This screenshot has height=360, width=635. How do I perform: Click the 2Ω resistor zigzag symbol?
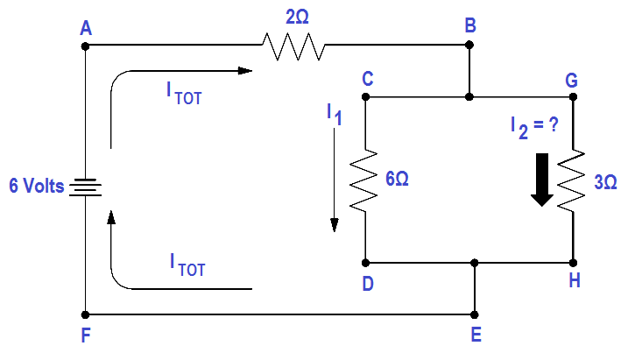point(293,46)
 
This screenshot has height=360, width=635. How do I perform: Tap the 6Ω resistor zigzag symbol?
point(364,180)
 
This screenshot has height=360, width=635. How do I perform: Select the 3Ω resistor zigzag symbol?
point(571,180)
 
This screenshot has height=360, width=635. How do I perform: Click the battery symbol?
point(86,187)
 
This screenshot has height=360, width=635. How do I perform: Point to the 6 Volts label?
point(37,186)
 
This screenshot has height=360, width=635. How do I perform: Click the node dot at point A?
point(85,46)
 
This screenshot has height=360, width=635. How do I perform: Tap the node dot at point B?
point(469,45)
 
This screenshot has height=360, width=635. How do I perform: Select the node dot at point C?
point(365,96)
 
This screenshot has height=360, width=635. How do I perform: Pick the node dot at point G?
point(573,96)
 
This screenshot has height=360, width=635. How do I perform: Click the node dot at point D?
point(365,264)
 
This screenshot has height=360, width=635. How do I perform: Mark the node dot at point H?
point(573,264)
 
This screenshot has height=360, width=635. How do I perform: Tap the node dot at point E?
point(475,314)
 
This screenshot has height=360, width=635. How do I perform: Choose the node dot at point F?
point(85,314)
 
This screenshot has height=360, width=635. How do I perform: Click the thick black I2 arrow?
point(542,180)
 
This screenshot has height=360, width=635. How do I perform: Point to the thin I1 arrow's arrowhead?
point(334,225)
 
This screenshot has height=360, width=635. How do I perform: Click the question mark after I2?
point(554,124)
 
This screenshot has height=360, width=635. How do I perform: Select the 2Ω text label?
point(297,17)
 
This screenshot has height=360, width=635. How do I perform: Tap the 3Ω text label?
point(605,182)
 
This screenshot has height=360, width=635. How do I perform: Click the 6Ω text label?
point(397,179)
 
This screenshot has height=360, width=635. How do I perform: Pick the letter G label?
point(571,81)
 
